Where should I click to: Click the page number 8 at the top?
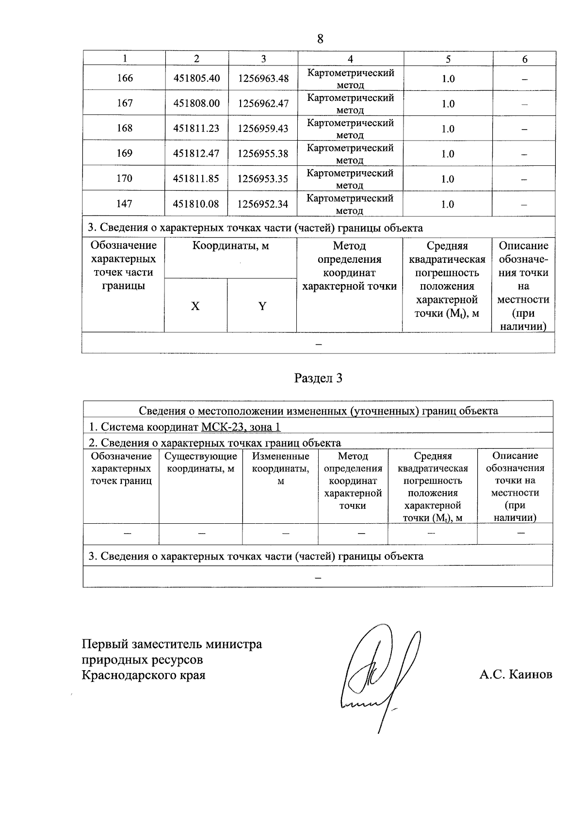click(x=320, y=39)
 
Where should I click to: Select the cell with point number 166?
click(x=125, y=78)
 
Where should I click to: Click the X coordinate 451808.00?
click(x=196, y=103)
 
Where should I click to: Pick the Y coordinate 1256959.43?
click(x=263, y=129)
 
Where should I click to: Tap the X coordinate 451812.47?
click(x=196, y=154)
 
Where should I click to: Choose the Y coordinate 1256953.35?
click(x=263, y=179)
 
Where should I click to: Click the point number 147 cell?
click(x=125, y=204)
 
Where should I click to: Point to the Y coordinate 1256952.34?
click(x=263, y=204)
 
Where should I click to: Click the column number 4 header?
click(x=350, y=59)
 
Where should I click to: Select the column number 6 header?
click(x=524, y=59)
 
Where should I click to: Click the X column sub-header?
click(x=195, y=306)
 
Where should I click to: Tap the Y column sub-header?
click(x=262, y=306)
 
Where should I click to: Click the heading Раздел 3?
click(x=318, y=378)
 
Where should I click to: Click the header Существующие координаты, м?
click(x=201, y=462)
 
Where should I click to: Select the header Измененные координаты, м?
click(x=280, y=468)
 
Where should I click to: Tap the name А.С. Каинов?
click(x=516, y=675)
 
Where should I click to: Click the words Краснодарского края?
click(x=144, y=675)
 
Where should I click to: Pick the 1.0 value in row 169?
click(x=448, y=154)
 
